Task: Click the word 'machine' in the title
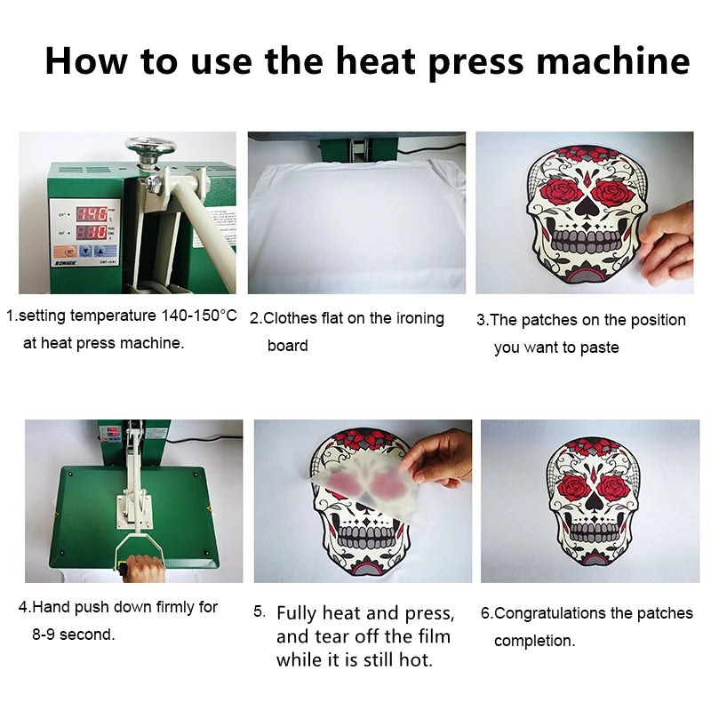pos(613,60)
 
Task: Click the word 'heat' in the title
pos(375,60)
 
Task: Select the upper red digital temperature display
pos(92,214)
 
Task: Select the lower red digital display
pos(92,233)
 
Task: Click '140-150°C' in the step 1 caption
pos(199,316)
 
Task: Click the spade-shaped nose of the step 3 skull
pos(586,207)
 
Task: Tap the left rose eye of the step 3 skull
pos(561,190)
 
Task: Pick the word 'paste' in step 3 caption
pos(599,348)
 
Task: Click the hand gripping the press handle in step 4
pos(142,569)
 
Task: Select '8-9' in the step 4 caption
pos(44,635)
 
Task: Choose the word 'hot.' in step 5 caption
pos(416,659)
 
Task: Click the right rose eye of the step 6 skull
pos(612,489)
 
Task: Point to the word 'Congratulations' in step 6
pos(550,613)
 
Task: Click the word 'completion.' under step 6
pos(535,641)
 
